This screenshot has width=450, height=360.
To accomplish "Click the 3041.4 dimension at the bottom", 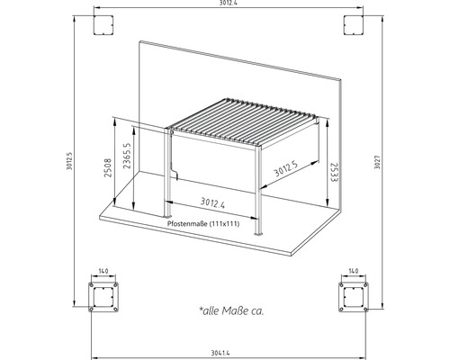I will pyautogui.click(x=224, y=350).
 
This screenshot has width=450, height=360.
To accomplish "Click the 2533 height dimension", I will pyautogui.click(x=332, y=170).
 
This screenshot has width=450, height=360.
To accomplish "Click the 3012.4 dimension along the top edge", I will pyautogui.click(x=225, y=5).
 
